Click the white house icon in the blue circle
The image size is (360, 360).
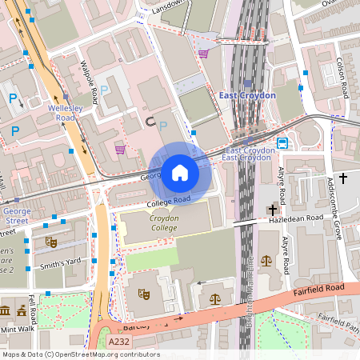(x=180, y=172)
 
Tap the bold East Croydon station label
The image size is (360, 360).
(x=247, y=95)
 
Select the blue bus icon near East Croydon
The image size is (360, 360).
(x=282, y=143)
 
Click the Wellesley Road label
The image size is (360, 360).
(x=61, y=111)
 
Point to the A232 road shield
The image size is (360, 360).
(x=117, y=342)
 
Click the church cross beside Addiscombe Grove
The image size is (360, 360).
(x=343, y=178)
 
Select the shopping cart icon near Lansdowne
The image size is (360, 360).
(x=204, y=54)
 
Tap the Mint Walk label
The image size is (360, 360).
(x=18, y=328)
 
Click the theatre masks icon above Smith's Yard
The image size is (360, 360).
(x=52, y=242)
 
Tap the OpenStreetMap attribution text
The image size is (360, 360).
(x=80, y=354)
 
